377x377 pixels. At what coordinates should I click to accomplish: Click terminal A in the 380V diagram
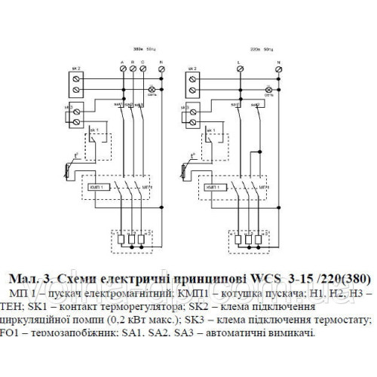pyautogui.click(x=122, y=69)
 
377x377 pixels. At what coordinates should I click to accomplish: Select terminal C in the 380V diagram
pyautogui.click(x=143, y=69)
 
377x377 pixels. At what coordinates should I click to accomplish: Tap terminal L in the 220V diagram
pyautogui.click(x=239, y=69)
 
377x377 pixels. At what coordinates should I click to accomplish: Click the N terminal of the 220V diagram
pyautogui.click(x=280, y=69)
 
